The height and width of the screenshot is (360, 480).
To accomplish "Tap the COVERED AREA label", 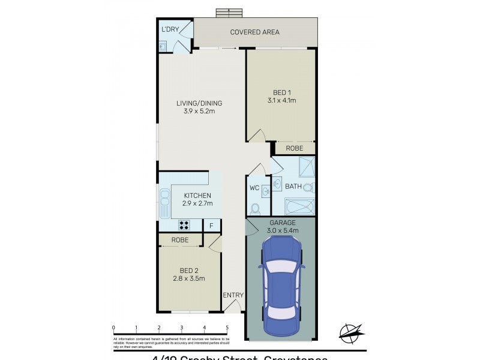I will tap(255, 32).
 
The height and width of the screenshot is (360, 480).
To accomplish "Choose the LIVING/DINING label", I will tap(195, 103).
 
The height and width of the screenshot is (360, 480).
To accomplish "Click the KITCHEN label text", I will tap(197, 196).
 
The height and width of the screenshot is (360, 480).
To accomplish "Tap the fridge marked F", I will tap(211, 226).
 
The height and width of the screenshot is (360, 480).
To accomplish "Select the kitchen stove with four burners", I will tap(184, 226).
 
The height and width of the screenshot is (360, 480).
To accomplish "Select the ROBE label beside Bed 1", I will tap(293, 148).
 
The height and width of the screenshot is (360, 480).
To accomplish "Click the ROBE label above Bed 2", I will tap(180, 240).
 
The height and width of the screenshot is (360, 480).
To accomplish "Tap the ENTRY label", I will tap(233, 295).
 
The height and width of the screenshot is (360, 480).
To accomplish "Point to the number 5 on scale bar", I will tap(227, 328).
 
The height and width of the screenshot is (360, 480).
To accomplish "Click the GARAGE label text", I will tap(281, 223).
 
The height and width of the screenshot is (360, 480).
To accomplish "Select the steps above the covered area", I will tap(229, 13).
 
